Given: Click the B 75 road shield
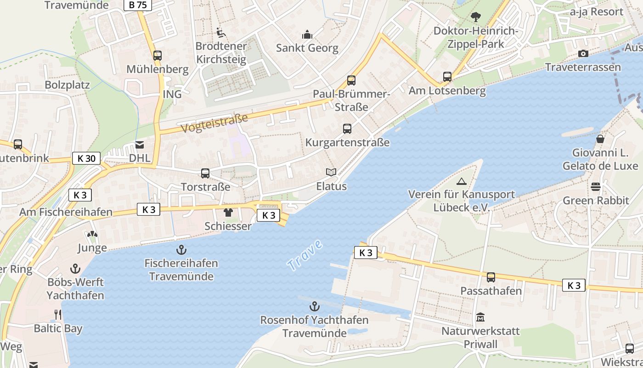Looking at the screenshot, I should (x=138, y=5).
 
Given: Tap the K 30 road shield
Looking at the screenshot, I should (x=86, y=159).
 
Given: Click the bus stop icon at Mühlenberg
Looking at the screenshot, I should (x=158, y=56).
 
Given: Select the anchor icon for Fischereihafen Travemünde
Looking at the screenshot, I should (x=181, y=250).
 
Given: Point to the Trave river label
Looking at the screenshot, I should (x=305, y=255).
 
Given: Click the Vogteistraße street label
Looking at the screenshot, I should (x=214, y=123).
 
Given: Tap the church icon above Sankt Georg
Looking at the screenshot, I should (x=307, y=34).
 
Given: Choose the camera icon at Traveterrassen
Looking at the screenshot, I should (x=583, y=54).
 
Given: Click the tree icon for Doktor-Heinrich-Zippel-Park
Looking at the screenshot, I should (x=475, y=17).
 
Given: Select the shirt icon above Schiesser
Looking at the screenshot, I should (x=228, y=213).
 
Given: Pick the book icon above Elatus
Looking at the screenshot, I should (x=331, y=172).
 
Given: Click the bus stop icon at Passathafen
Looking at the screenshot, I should (x=491, y=277).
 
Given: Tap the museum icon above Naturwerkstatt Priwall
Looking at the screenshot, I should (x=480, y=317).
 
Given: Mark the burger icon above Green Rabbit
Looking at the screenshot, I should (x=596, y=186).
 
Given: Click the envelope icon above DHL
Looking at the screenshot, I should (x=139, y=144).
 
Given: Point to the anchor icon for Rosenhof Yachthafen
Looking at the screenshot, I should (x=314, y=306).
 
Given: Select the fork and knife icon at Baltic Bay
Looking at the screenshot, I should (x=58, y=315).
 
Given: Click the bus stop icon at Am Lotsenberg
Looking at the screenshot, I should (x=447, y=77).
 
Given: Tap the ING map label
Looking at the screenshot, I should (x=172, y=94).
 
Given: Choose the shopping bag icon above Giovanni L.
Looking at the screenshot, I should (x=600, y=138).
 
